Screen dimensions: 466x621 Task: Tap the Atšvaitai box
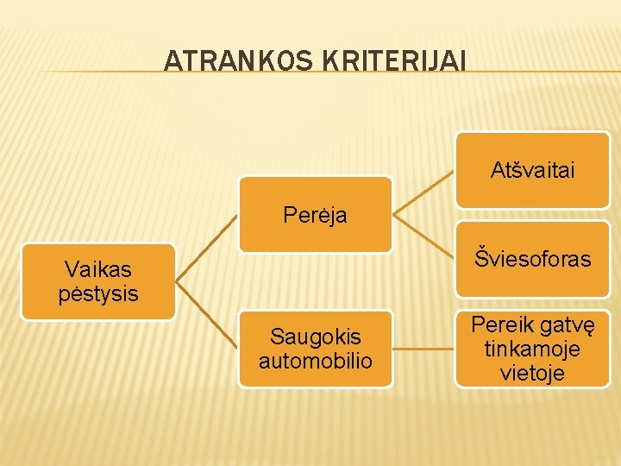point(532,170)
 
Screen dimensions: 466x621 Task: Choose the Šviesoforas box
point(532,259)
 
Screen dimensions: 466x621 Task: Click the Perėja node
point(315,215)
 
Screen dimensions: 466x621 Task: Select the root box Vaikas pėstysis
point(98,281)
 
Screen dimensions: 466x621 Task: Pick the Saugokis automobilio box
point(315,349)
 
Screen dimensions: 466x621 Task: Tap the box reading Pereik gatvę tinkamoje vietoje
point(532,349)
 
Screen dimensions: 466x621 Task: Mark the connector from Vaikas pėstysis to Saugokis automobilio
point(207,315)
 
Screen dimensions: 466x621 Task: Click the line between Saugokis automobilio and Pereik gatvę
point(423,349)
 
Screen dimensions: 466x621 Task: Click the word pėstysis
point(98,293)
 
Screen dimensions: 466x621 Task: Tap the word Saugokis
point(315,337)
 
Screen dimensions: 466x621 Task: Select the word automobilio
point(315,361)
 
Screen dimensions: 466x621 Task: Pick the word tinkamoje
point(532,349)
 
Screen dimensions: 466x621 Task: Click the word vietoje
point(532,373)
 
